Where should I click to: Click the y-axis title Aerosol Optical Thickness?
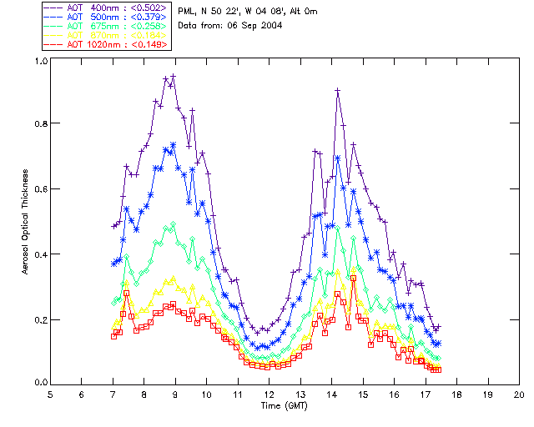(x=26, y=221)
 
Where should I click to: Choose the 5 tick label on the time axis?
(x=50, y=394)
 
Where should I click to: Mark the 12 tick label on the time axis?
(x=269, y=394)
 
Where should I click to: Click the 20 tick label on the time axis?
(x=519, y=394)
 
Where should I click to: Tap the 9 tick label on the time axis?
(x=175, y=394)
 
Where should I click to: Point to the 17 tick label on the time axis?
(x=426, y=394)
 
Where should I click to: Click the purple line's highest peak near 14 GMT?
(x=338, y=90)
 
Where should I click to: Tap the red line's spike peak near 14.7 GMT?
(x=354, y=279)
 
